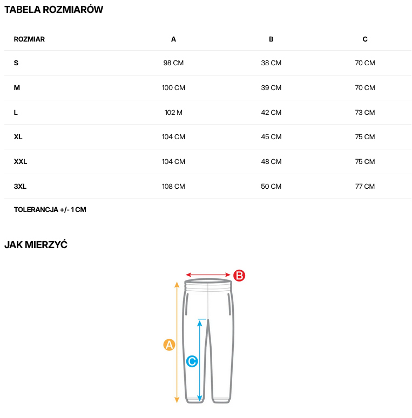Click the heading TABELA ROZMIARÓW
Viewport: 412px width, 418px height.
[x=53, y=10]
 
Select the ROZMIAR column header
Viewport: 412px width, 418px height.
[x=29, y=39]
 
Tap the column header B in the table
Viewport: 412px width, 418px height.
[x=271, y=39]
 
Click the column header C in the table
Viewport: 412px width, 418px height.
[x=365, y=39]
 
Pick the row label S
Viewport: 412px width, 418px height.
[x=16, y=63]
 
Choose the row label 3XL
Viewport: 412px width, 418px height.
[x=20, y=187]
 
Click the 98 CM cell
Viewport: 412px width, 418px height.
[x=173, y=63]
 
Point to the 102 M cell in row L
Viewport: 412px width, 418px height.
[x=173, y=113]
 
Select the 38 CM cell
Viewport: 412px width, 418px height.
[x=271, y=63]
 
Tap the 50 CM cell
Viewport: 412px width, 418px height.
[x=271, y=187]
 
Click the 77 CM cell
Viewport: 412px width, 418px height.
[x=365, y=187]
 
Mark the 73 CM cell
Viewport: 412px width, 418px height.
[x=365, y=113]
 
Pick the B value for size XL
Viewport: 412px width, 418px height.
[x=271, y=137]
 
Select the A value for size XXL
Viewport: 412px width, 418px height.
[x=173, y=162]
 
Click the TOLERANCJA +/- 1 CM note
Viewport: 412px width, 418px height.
[x=50, y=210]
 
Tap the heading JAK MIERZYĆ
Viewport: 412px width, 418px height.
[x=36, y=245]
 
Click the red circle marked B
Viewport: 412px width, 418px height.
[x=239, y=276]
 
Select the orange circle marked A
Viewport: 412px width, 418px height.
[x=170, y=345]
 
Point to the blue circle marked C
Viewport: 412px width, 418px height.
[x=192, y=361]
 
